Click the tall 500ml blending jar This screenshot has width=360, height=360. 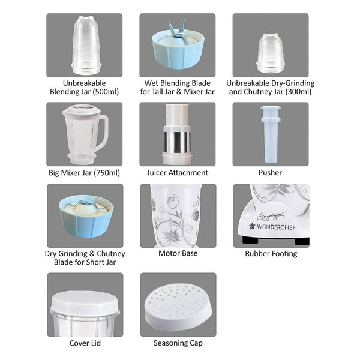[x=86, y=46]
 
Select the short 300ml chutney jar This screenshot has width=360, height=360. [x=271, y=54]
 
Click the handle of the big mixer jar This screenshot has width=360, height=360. [x=103, y=133]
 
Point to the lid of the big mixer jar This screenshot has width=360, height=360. [x=82, y=110]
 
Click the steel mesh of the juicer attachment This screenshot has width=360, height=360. [x=177, y=142]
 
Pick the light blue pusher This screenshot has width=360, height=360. [x=271, y=134]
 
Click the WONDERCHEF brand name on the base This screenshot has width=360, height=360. [x=276, y=227]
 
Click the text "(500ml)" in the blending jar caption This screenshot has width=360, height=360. [x=106, y=92]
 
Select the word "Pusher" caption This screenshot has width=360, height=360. [x=270, y=173]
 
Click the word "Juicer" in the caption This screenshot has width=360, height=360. [x=157, y=173]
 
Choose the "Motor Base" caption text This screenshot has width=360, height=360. [x=178, y=253]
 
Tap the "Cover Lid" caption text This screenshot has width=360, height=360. [x=85, y=343]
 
